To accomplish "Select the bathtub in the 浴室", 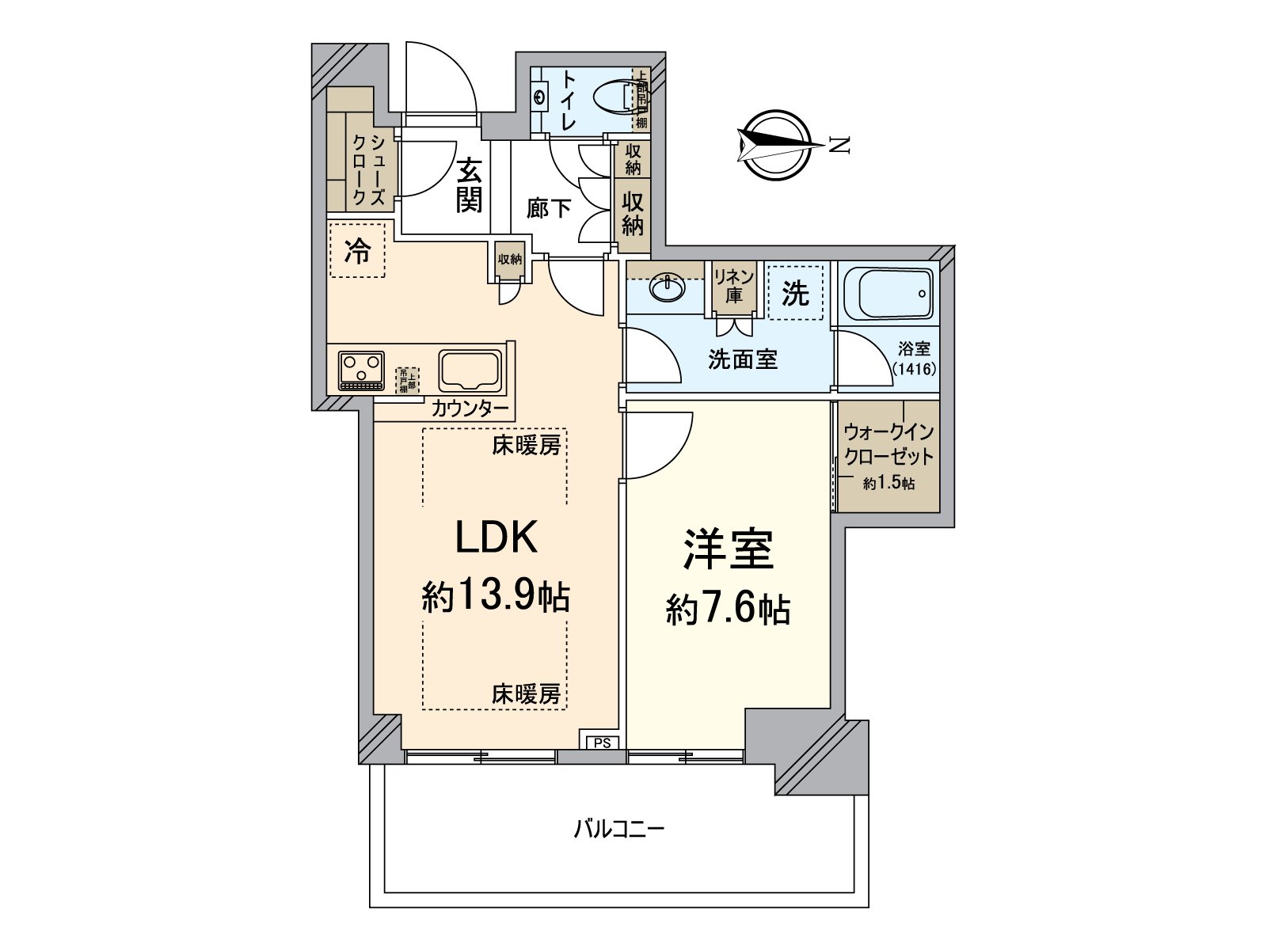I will tap(888, 292).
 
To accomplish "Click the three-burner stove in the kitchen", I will tap(361, 370).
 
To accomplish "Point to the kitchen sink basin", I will tap(470, 370).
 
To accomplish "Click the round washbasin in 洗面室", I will tap(669, 287).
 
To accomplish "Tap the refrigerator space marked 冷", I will tap(357, 251).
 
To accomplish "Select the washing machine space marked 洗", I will tap(795, 292).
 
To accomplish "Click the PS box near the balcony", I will tap(603, 743).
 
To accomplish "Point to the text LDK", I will tap(496, 538).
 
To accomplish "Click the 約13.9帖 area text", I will tap(496, 595).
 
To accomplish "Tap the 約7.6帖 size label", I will tap(728, 610).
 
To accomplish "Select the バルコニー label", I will tap(619, 830).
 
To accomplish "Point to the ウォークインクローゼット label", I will tap(888, 445).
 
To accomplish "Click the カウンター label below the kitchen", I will tap(470, 408).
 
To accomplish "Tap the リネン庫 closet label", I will tap(734, 286).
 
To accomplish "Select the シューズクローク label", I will tap(369, 170).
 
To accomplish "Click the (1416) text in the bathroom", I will tap(914, 368).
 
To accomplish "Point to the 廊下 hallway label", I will tap(549, 208).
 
